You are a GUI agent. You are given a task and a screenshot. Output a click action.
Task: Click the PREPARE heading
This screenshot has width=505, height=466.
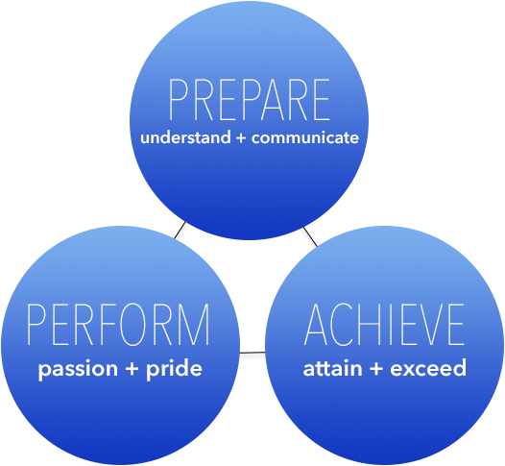point(250,100)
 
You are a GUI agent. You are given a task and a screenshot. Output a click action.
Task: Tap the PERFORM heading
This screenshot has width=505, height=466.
point(118,325)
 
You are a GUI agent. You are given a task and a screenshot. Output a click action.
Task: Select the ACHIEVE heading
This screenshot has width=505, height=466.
point(384,325)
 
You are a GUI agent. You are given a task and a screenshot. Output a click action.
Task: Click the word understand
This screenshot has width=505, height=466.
point(185,137)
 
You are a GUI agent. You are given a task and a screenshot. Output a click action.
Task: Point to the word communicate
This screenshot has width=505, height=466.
point(305,137)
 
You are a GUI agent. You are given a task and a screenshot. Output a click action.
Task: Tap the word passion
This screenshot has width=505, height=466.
point(78,369)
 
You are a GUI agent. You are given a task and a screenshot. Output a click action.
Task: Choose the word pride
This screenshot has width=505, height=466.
point(174,368)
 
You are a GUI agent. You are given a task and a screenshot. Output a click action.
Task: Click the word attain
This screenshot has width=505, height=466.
point(333,368)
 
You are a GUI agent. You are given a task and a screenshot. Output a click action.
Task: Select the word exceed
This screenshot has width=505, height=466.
point(428,368)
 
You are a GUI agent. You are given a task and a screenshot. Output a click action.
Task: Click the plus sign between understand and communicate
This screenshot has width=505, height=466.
point(241,138)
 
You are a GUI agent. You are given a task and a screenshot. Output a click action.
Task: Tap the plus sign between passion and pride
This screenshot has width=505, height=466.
point(132,369)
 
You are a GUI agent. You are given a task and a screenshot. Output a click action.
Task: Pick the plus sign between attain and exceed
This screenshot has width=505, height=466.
point(376,369)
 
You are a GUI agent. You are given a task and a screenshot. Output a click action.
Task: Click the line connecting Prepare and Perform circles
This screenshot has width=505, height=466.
point(180,231)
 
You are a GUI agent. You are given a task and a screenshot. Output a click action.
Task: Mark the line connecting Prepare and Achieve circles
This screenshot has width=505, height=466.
point(310,236)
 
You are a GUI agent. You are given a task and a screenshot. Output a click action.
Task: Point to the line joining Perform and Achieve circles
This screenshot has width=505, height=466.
point(252,353)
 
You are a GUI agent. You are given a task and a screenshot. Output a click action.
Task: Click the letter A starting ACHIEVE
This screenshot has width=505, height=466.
point(316,325)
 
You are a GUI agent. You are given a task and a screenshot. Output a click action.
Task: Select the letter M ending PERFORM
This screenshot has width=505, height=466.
point(197,325)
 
